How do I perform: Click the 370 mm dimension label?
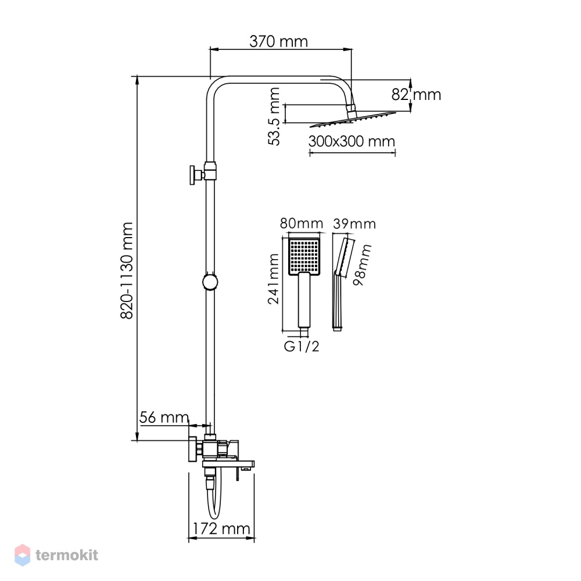(278, 41)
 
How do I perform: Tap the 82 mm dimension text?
(416, 95)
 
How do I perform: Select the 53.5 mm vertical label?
(274, 116)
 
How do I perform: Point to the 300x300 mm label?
(352, 141)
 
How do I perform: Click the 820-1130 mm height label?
(127, 271)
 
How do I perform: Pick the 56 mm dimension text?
(164, 418)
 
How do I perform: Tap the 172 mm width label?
(221, 528)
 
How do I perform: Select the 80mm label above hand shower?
(301, 224)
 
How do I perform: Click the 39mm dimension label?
(354, 224)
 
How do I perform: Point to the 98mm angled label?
(362, 265)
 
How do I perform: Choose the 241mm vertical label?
(274, 279)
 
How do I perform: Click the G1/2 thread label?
(301, 346)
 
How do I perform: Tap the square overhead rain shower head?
(353, 119)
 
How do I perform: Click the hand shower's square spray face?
(304, 256)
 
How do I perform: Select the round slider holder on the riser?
(210, 282)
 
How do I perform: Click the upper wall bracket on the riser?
(203, 173)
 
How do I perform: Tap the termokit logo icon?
(22, 555)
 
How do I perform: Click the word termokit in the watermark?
(67, 555)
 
